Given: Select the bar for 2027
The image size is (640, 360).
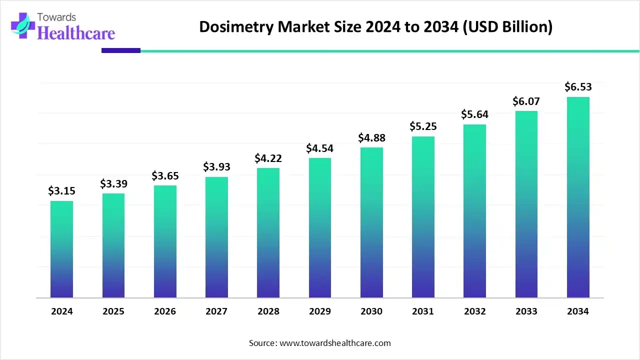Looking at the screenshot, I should tap(216, 237).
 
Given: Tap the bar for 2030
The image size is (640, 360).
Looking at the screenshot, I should tap(371, 222).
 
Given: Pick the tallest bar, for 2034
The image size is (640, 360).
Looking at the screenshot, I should tap(578, 197).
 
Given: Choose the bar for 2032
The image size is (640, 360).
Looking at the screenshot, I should tap(474, 211).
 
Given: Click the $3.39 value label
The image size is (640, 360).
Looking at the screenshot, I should tap(113, 184).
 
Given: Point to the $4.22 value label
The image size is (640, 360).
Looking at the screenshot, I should tap(268, 158).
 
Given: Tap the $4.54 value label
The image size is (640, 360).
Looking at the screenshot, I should tap(320, 148).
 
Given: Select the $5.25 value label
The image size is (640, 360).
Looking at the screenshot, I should tap(423, 127).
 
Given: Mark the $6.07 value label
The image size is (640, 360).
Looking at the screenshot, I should tap(526, 101).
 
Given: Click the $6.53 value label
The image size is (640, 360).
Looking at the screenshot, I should tap(578, 87).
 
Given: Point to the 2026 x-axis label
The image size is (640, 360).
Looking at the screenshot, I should tap(165, 311).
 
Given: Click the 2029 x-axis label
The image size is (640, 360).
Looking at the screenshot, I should tap(320, 311).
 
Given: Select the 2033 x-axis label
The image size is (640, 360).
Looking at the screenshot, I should tap(526, 311).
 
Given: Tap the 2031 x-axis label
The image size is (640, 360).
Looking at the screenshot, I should tap(423, 311).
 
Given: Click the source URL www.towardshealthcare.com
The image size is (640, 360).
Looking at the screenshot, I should tap(334, 343).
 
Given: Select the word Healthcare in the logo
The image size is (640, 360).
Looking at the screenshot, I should tap(76, 33).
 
